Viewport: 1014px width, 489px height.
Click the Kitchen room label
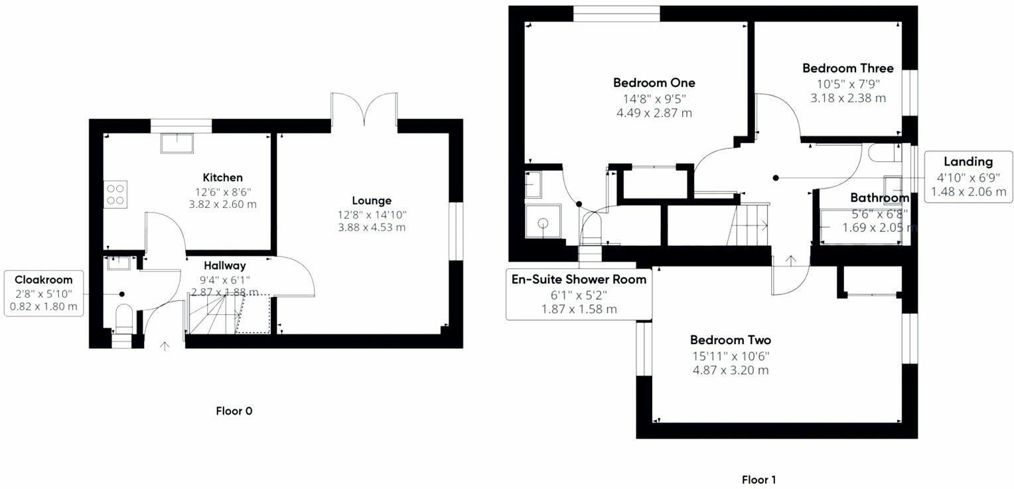pos(222,177)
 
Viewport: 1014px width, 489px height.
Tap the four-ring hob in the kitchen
pos(115,195)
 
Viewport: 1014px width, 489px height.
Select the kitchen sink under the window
pos(177,143)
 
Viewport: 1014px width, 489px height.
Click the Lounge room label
pos(372,201)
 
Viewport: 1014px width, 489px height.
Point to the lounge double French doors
pos(364,109)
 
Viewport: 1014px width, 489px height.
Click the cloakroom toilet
pos(123,318)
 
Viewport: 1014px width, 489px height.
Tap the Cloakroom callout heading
pos(43,280)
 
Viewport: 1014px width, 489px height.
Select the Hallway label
pos(224,266)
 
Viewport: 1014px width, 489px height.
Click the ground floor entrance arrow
pos(165,347)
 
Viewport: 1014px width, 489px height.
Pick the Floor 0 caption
pos(234,411)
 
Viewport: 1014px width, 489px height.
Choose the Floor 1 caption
pos(759,480)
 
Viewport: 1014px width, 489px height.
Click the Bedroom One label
pos(654,83)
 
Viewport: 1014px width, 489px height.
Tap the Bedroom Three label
pos(848,68)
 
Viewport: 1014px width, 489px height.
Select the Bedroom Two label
pos(730,340)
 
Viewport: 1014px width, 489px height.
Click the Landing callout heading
pos(968,162)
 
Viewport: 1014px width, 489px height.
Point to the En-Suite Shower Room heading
pos(579,279)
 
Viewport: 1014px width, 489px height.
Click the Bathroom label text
pos(879,198)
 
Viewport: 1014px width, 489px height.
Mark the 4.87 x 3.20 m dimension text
pos(731,370)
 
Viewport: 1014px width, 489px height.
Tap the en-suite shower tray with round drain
pos(543,221)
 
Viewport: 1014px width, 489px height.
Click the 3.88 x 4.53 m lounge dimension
pos(372,227)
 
